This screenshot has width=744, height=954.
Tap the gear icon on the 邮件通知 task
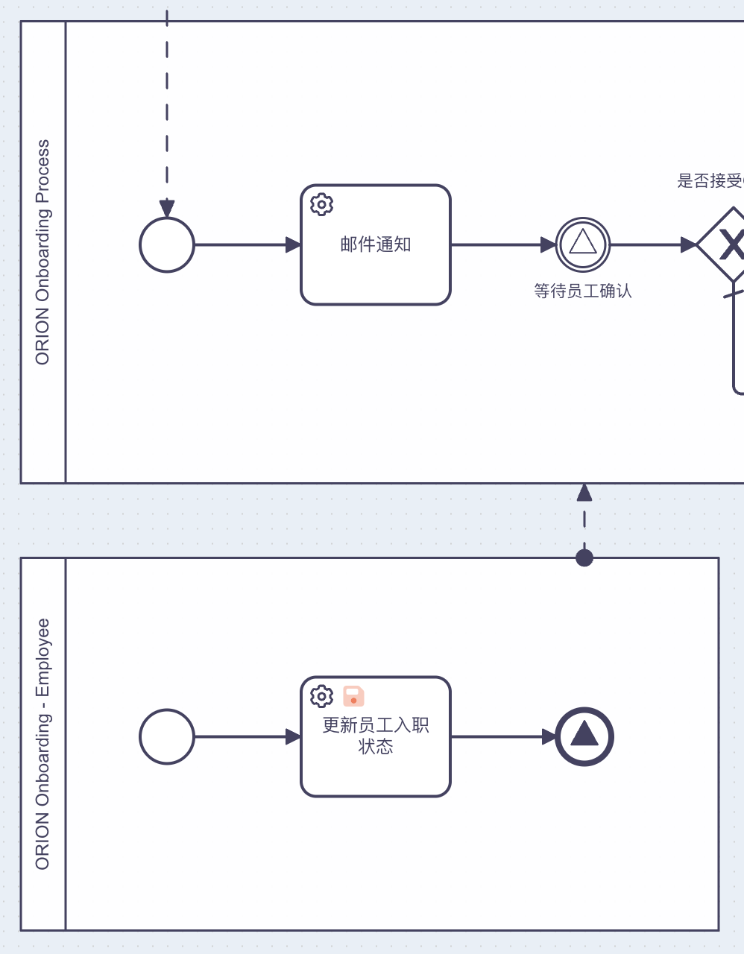pos(321,204)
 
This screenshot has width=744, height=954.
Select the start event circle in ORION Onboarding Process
pos(167,244)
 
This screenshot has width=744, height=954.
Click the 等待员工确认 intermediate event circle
pos(583,244)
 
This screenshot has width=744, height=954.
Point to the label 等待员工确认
pos(583,291)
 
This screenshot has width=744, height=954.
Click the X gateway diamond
pos(728,244)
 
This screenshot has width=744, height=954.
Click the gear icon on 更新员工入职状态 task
pos(321,696)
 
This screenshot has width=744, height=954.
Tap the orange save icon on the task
pos(353,696)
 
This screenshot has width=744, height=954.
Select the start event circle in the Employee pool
pos(167,736)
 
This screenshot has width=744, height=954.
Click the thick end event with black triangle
pos(584,736)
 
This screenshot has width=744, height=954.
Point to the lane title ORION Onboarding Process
pos(42,252)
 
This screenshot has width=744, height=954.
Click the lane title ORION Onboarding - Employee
pos(42,744)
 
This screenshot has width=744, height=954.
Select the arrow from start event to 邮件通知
pos(246,244)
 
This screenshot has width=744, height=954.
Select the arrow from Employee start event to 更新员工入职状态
pos(246,736)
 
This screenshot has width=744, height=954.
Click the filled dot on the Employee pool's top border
pos(584,557)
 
